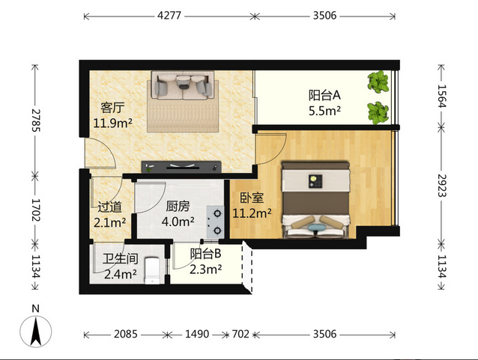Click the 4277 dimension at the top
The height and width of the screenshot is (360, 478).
pos(169,15)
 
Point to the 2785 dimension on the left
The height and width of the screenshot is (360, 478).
pos(36,120)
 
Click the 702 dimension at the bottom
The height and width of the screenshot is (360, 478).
pos(240,334)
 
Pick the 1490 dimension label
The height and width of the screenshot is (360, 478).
pos(197,334)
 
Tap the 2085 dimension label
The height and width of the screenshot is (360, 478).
pos(126,334)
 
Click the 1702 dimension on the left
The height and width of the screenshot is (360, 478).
pos(36,210)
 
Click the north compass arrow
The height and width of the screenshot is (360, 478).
pos(36,331)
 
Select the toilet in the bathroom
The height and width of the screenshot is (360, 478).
pos(152,271)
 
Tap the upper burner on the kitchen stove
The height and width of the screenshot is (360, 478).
pos(217,213)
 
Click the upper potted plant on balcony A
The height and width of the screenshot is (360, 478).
pos(378,82)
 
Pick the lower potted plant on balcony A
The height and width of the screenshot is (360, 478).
pos(378,112)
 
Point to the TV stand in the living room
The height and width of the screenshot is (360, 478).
pos(181,167)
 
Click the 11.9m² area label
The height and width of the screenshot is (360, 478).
pos(113,123)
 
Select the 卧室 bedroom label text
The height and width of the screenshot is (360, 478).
pos(252,198)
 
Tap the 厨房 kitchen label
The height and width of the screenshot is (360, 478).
pos(178,207)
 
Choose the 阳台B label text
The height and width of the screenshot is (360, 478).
pos(205,254)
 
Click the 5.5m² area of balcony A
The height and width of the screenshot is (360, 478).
pos(324,111)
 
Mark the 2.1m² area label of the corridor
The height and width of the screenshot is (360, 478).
pos(109,223)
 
